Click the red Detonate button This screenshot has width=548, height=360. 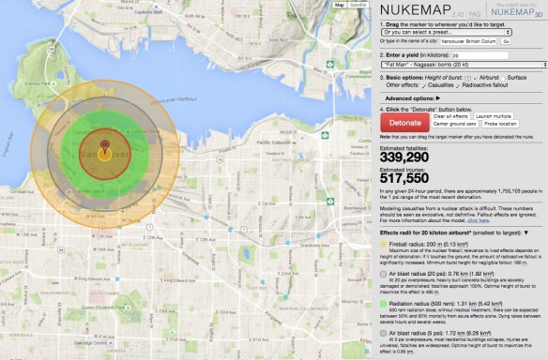click(404, 123)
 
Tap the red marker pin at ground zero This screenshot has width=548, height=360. click(104, 146)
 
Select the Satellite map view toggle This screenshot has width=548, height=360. click(358, 5)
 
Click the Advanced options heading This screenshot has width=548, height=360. click(412, 97)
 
